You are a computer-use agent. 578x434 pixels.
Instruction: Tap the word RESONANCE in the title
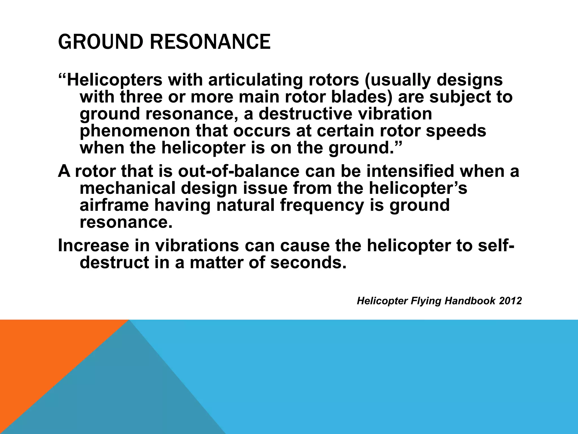(210, 42)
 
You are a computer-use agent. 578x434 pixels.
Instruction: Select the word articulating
(255, 80)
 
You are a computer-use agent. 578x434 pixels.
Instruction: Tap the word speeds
(456, 131)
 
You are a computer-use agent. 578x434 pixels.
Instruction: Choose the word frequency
(322, 205)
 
